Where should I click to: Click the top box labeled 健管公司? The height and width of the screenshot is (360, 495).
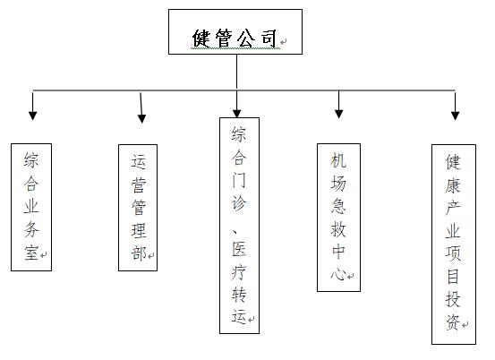pos(235,31)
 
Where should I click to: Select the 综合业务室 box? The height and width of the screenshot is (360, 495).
pos(31,207)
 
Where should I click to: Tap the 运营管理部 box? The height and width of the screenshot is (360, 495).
pos(138,208)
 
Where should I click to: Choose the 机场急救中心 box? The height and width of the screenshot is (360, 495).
pos(338,218)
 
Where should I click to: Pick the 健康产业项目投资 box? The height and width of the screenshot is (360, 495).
pos(454,244)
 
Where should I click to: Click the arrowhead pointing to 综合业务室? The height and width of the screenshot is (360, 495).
pos(33,116)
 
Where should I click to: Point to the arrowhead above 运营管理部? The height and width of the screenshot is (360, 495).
pos(141,118)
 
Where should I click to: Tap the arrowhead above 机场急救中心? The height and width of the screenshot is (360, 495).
pos(338,114)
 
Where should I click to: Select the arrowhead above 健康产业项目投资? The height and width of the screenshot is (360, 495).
pos(455,116)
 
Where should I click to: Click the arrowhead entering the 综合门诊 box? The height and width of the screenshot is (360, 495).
pos(237,114)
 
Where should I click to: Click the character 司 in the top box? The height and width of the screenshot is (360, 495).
pos(269,39)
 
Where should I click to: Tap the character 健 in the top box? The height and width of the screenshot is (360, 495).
pos(201,39)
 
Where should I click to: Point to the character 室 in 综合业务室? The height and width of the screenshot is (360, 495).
pos(31,253)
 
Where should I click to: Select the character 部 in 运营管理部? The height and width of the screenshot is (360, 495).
pos(139,253)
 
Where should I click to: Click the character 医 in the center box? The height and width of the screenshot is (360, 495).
pos(239,249)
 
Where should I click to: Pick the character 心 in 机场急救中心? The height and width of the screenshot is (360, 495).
pos(338,273)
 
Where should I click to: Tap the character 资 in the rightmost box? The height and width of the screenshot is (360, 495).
pos(453,322)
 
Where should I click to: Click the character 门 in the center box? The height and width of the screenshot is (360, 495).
pos(239,180)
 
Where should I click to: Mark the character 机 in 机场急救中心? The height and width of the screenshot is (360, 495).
pos(338,159)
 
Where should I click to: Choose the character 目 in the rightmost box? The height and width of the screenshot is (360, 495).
pos(453,277)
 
